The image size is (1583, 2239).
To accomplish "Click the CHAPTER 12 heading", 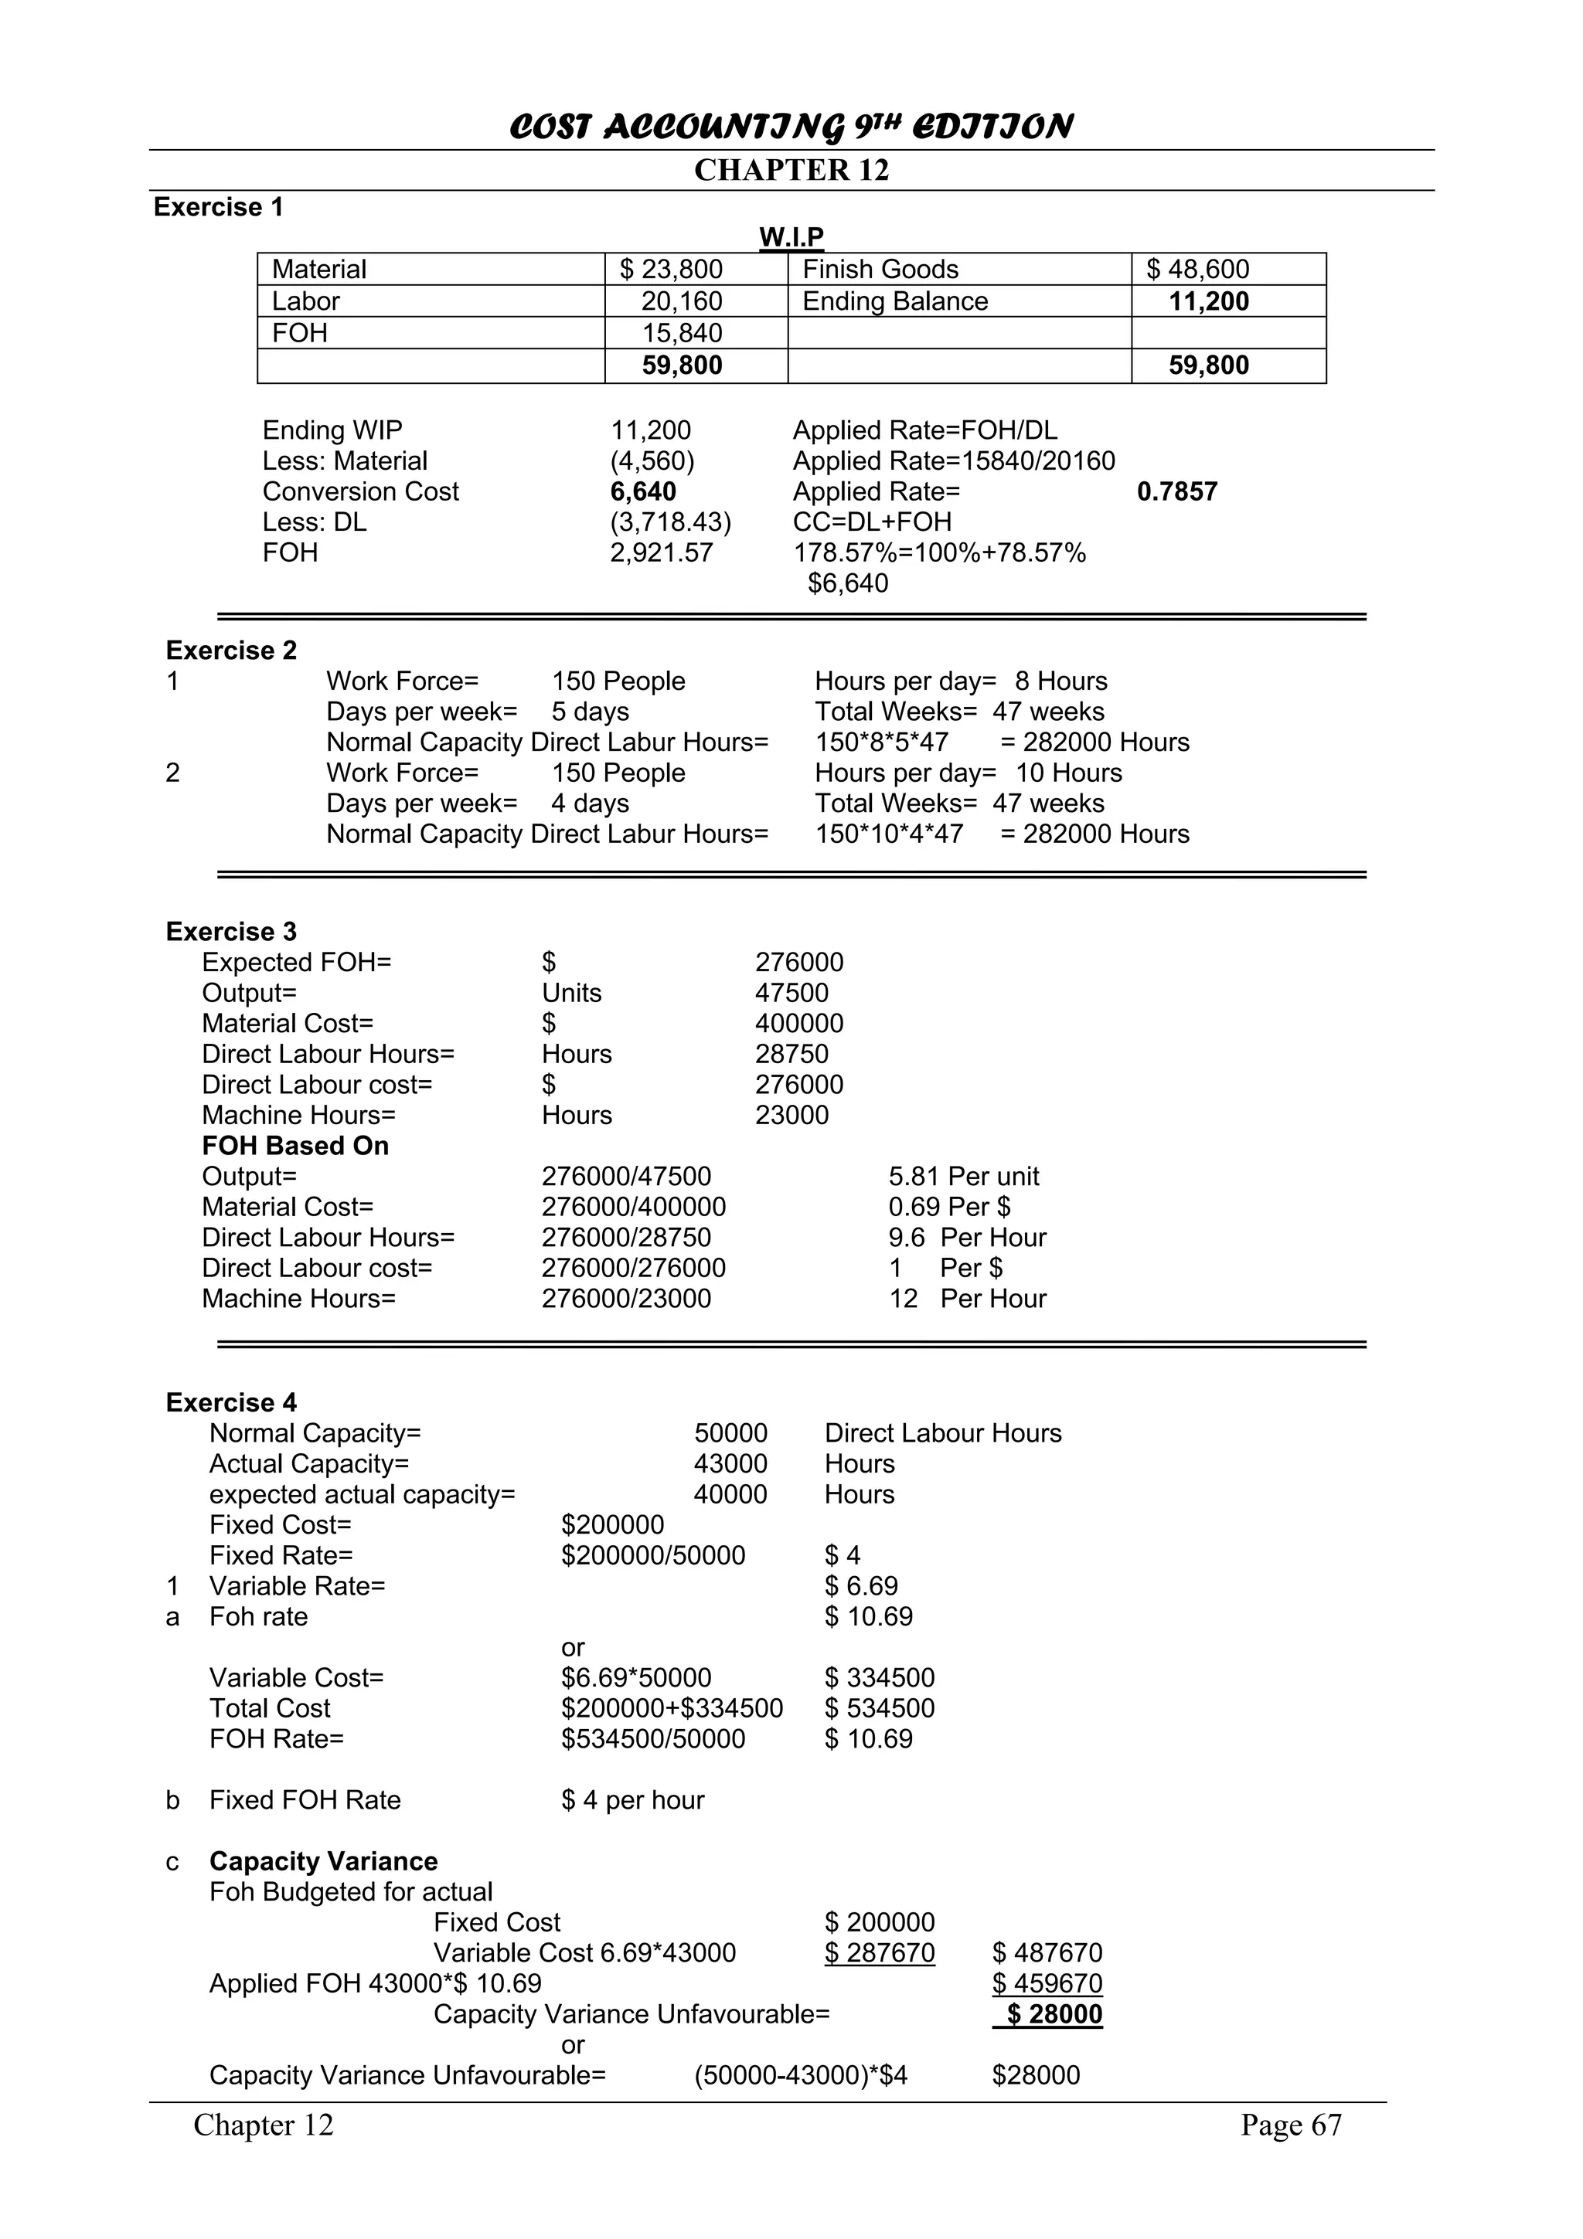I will tap(791, 171).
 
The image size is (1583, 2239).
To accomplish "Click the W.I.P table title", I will tap(791, 237).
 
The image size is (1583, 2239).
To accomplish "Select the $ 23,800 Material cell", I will tap(671, 269).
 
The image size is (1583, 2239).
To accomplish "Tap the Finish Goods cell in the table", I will tap(880, 269).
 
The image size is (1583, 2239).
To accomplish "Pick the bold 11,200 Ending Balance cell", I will tap(1208, 301).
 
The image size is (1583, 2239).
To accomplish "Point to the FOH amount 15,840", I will tap(682, 334).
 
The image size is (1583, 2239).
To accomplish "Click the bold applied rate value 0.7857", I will tap(1177, 491).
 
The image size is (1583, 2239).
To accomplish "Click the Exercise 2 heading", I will tap(231, 651).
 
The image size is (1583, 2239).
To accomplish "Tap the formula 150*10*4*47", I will tap(889, 834).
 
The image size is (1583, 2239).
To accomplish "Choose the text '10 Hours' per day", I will tap(1069, 773).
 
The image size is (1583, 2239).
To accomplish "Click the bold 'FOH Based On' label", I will tap(295, 1146).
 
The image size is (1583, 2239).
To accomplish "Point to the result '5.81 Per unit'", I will tap(964, 1177).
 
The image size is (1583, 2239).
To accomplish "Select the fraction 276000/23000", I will tap(626, 1299).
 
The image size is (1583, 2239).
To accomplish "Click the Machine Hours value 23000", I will tap(791, 1116).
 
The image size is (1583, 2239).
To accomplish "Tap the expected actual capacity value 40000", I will tap(730, 1495).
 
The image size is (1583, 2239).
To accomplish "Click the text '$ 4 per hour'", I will tap(632, 1800).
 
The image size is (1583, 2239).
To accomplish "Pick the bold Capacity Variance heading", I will tap(323, 1862).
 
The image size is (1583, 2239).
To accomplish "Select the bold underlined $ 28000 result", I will tap(1054, 2015).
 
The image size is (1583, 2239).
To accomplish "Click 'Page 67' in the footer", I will tap(1290, 2126).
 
